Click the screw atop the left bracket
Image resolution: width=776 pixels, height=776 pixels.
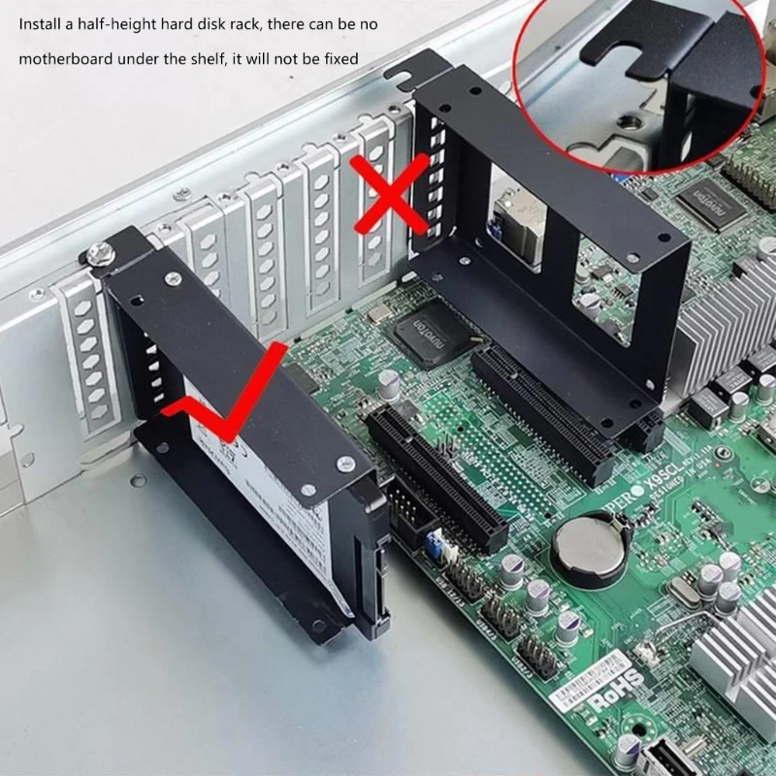click(98, 254)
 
